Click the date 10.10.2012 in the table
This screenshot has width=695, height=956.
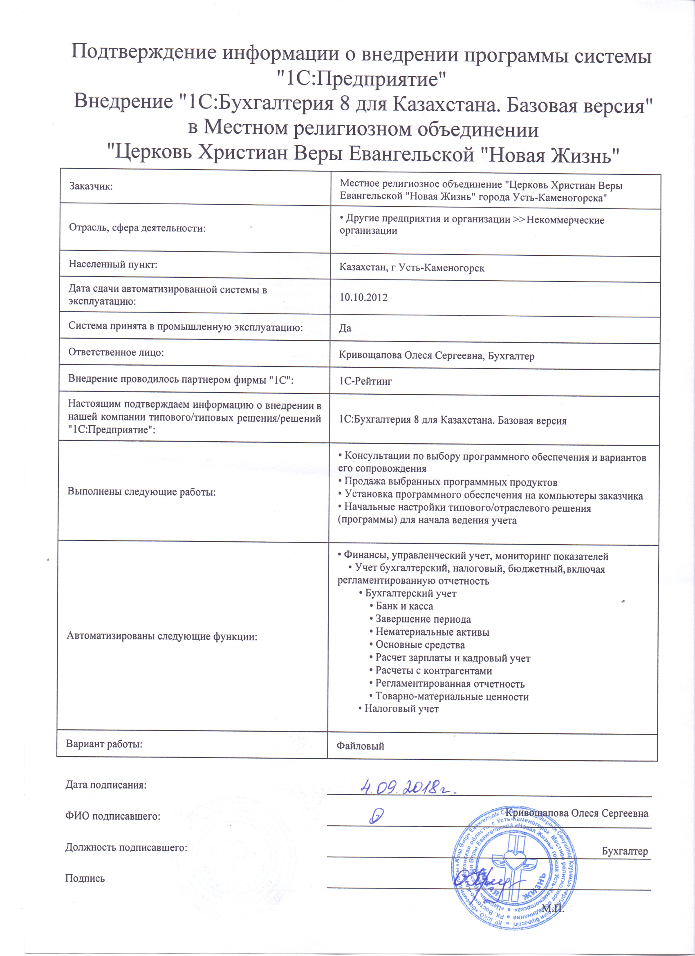coord(363,297)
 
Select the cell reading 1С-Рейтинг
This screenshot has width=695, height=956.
coord(365,382)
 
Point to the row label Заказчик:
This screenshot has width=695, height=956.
coord(91,186)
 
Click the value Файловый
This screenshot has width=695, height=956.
coord(360,746)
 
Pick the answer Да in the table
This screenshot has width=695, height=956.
coord(345,328)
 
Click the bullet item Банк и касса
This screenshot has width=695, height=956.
coord(404,606)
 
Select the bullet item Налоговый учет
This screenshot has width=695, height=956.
coord(401,709)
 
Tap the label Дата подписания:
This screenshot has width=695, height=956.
coord(106,785)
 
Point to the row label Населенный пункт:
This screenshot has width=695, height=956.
coord(113,265)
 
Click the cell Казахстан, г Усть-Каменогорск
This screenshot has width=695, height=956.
coord(412,268)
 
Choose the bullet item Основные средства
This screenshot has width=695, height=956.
coord(420,645)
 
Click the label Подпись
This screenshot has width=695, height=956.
coord(85,878)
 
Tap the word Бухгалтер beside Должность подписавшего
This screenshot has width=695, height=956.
coord(625,851)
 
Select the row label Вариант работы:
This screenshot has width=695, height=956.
coord(104,744)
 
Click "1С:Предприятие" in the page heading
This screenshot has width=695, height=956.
coord(361,79)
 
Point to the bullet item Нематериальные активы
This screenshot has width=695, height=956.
coord(432,632)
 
